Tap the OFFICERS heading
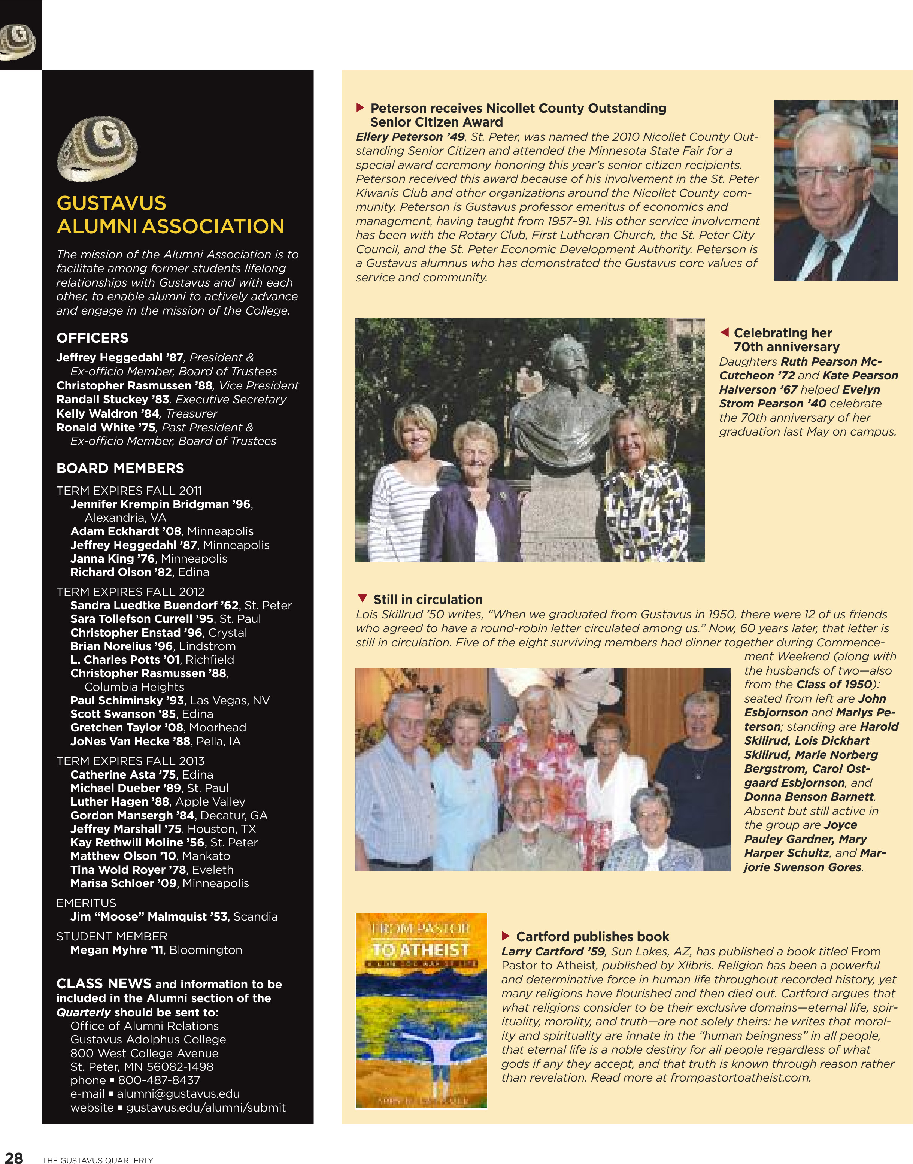coord(92,338)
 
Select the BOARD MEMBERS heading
coord(120,468)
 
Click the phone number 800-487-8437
coord(159,1080)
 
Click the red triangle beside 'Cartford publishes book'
coord(506,936)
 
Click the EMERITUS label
coord(86,903)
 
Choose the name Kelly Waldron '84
coord(108,413)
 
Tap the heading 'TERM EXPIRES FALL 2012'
coord(130,592)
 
